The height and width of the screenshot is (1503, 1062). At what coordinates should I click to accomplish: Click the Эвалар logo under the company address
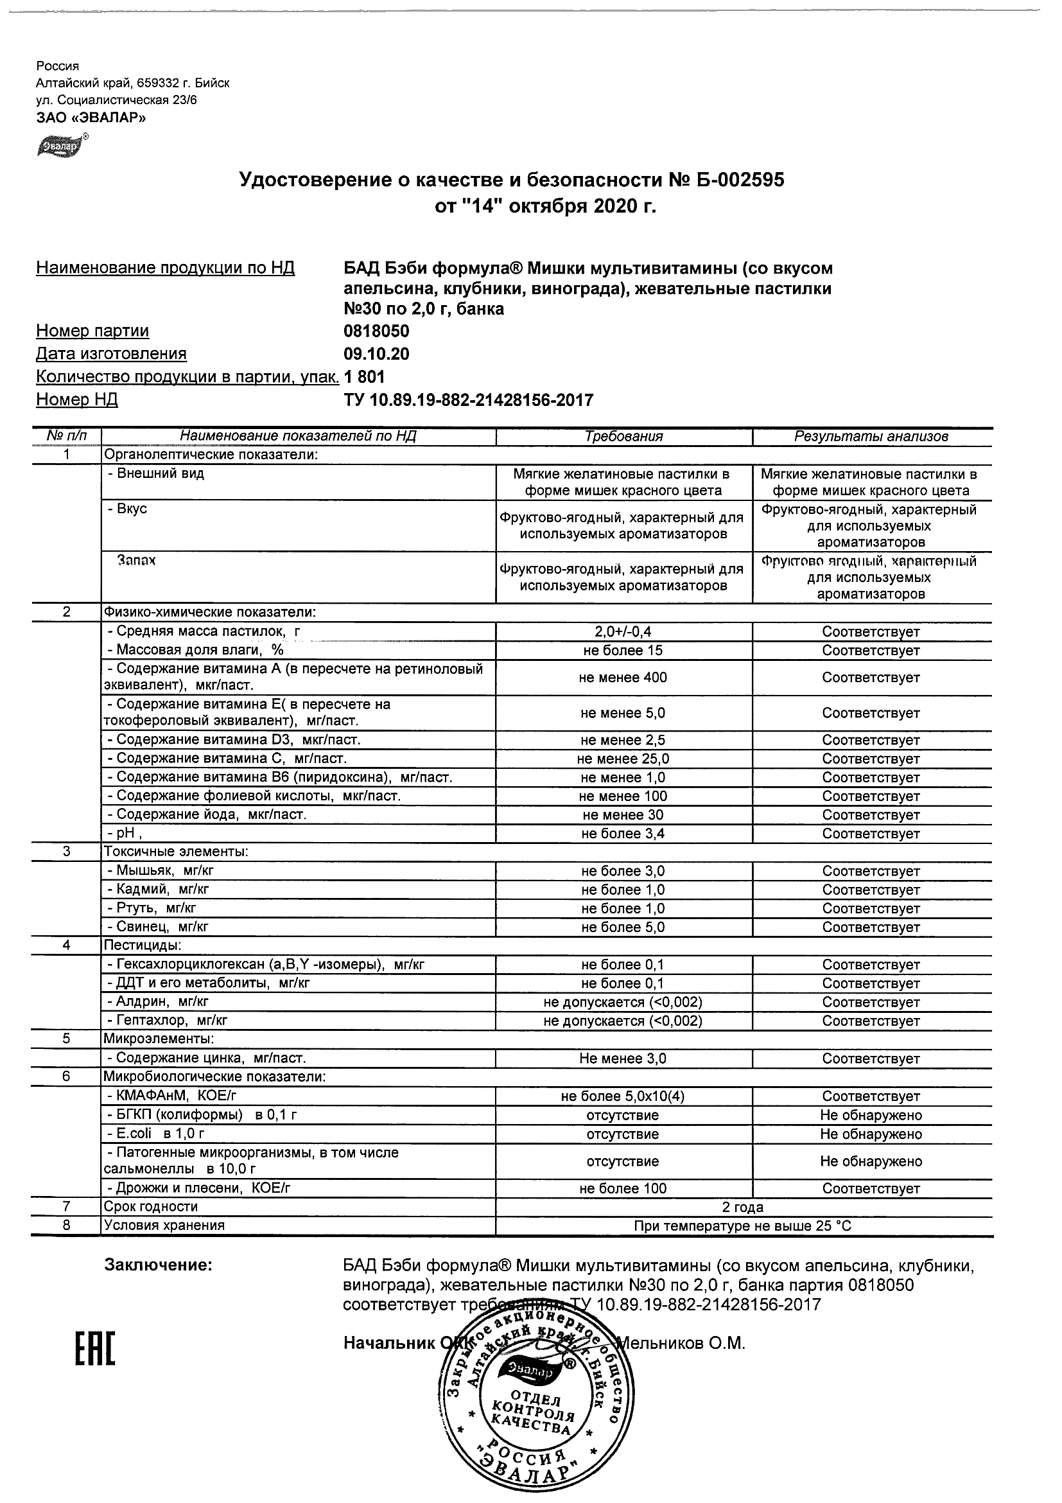[x=61, y=146]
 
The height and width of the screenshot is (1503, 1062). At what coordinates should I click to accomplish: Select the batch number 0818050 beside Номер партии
[x=376, y=331]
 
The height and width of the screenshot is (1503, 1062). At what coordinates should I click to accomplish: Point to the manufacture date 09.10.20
[x=376, y=354]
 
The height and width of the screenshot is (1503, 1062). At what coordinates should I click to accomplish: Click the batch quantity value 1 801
[x=364, y=377]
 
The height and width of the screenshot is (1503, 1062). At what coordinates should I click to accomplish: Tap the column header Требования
[x=623, y=437]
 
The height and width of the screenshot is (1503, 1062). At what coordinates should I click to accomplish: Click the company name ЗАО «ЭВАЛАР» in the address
[x=91, y=118]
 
